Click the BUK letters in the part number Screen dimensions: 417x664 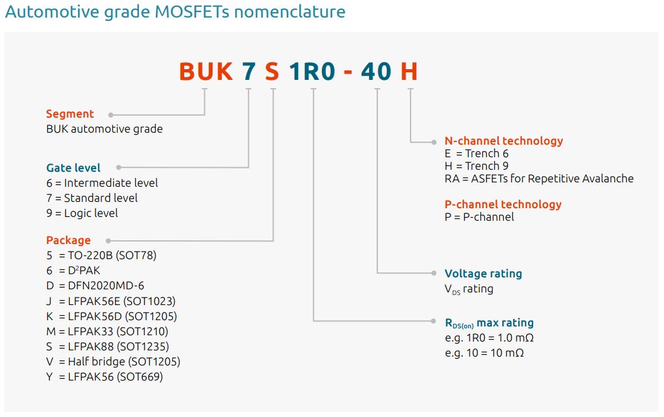(x=206, y=72)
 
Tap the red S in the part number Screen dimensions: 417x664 (x=272, y=72)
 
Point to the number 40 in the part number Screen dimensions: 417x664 (x=377, y=72)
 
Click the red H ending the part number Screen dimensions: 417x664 (x=409, y=72)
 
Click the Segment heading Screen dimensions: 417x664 (x=70, y=114)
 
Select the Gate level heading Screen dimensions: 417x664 (x=74, y=168)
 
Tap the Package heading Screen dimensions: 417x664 (x=69, y=240)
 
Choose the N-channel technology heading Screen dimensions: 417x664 (x=504, y=141)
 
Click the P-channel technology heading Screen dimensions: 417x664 (x=503, y=204)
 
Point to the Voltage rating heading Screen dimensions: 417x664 (x=483, y=274)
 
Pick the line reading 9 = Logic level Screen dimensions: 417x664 (x=82, y=213)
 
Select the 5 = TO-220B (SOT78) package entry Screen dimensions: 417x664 (x=101, y=255)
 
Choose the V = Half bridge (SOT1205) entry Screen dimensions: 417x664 (x=113, y=362)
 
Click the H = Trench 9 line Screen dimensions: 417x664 (x=477, y=166)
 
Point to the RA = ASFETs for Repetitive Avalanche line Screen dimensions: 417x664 (x=539, y=179)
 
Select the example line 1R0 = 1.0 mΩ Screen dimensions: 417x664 (x=489, y=338)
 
